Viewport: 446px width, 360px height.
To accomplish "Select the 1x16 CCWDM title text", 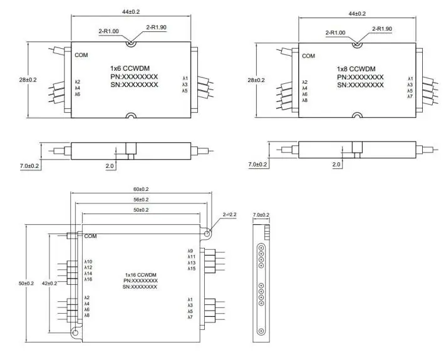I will point(140,275).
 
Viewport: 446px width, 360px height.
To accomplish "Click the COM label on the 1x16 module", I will point(90,236).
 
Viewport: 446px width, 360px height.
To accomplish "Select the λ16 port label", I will point(88,279).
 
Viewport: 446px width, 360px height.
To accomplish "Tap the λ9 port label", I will point(191,251).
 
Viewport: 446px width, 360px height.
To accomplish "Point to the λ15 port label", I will point(191,269).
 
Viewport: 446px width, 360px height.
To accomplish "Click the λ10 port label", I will point(88,261).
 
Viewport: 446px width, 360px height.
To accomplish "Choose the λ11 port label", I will point(191,257).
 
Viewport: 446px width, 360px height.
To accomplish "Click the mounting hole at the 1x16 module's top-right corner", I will point(207,232).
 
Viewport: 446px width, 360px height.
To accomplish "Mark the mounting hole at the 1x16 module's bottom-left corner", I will point(75,334).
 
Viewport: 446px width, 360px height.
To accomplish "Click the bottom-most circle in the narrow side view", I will point(261,331).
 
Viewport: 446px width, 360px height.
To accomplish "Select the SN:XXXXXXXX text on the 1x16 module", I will point(140,287).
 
